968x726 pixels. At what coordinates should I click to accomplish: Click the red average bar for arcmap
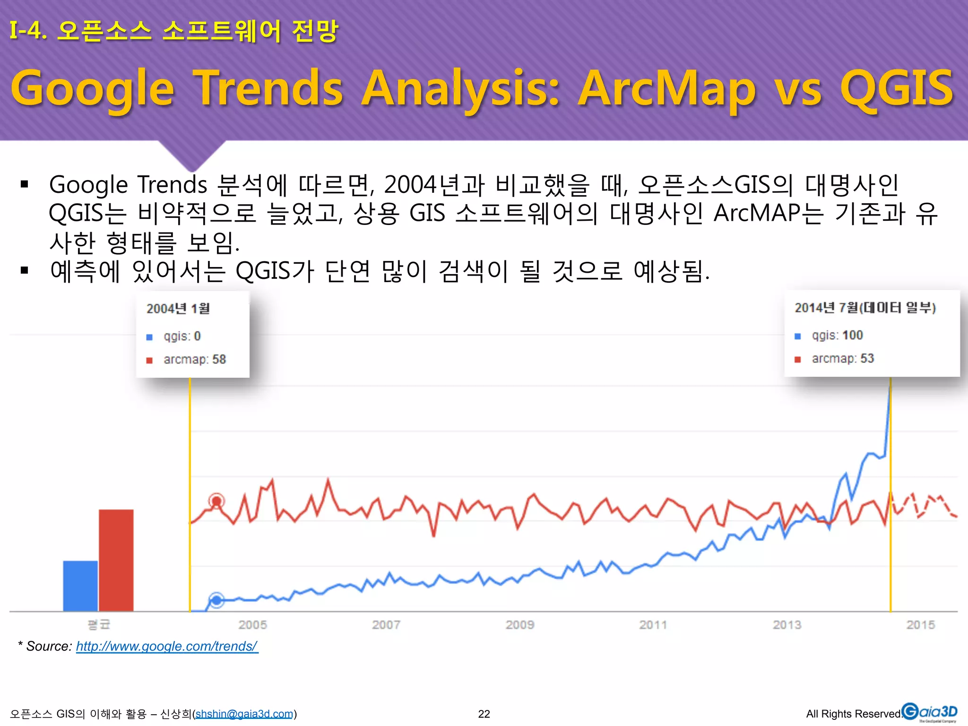click(x=116, y=560)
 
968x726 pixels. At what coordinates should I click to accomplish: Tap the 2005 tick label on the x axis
click(x=252, y=625)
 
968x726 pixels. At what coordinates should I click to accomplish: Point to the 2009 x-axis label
click(x=519, y=625)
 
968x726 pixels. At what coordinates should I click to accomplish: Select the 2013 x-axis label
click(x=787, y=625)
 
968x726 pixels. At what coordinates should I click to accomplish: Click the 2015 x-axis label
click(x=920, y=625)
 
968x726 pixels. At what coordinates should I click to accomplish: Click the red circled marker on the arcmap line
click(x=216, y=501)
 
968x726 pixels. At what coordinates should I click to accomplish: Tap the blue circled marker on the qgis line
click(x=216, y=600)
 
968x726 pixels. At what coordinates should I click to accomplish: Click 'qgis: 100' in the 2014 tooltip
click(x=837, y=335)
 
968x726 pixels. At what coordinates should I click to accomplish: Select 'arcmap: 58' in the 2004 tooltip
click(x=194, y=359)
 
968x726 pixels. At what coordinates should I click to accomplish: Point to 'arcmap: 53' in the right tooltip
click(x=842, y=358)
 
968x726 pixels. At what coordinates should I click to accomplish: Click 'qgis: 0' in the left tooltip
click(x=182, y=336)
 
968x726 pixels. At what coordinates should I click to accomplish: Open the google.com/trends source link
click(x=167, y=646)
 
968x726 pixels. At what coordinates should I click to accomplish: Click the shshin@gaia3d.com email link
click(x=244, y=714)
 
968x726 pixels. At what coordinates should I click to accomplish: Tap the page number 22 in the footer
click(x=484, y=714)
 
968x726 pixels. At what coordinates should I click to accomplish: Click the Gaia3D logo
click(x=929, y=712)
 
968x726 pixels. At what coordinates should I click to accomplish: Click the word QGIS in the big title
click(x=896, y=88)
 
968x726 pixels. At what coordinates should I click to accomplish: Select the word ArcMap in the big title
click(x=667, y=89)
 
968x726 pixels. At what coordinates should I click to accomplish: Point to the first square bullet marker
click(x=25, y=184)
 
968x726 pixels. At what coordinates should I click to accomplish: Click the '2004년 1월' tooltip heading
click(x=178, y=309)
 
